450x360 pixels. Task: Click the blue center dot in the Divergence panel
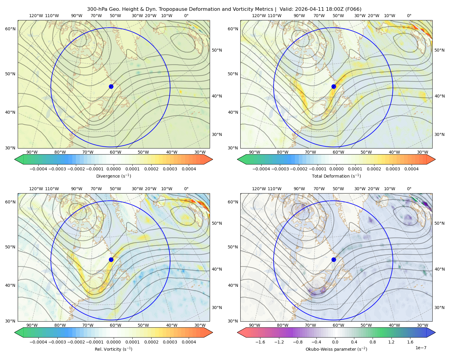pyautogui.click(x=111, y=86)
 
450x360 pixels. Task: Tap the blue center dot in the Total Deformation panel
pyautogui.click(x=334, y=86)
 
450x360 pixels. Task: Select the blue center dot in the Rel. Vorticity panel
pyautogui.click(x=111, y=259)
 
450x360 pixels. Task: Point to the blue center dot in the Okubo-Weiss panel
pyautogui.click(x=334, y=259)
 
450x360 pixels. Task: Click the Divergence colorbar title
pyautogui.click(x=113, y=176)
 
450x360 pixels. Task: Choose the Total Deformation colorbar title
pyautogui.click(x=336, y=176)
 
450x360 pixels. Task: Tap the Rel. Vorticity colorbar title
pyautogui.click(x=113, y=349)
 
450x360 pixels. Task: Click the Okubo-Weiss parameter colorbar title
pyautogui.click(x=336, y=349)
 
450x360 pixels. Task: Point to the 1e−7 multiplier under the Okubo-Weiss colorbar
pyautogui.click(x=421, y=348)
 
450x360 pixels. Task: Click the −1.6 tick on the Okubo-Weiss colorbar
pyautogui.click(x=260, y=342)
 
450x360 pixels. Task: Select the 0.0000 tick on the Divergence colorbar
pyautogui.click(x=113, y=169)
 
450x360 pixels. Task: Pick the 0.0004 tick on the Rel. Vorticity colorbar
pyautogui.click(x=189, y=342)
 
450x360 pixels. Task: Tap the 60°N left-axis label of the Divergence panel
pyautogui.click(x=10, y=29)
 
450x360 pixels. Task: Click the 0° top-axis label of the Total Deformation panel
pyautogui.click(x=409, y=16)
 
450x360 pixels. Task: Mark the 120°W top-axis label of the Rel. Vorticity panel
pyautogui.click(x=36, y=188)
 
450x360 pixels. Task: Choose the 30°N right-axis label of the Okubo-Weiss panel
pyautogui.click(x=439, y=307)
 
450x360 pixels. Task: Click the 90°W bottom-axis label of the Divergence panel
pyautogui.click(x=32, y=152)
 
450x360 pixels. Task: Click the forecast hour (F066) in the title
pyautogui.click(x=354, y=9)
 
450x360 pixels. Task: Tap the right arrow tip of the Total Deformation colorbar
pyautogui.click(x=435, y=159)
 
